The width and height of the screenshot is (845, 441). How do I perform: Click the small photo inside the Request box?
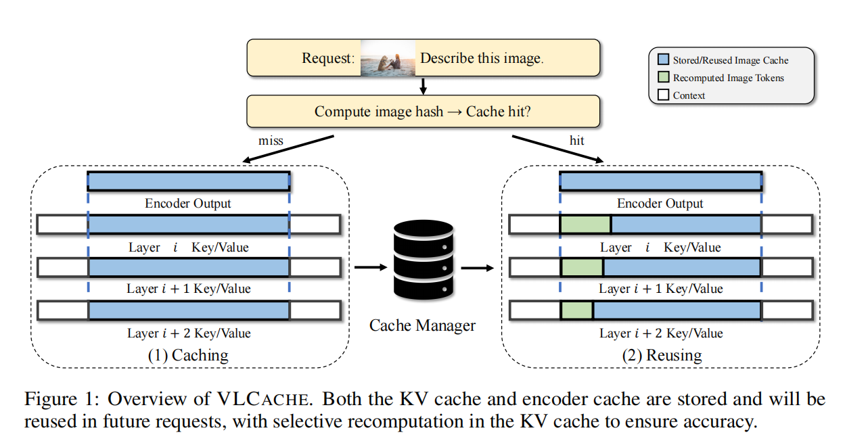point(387,57)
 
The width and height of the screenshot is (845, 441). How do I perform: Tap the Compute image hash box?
point(423,111)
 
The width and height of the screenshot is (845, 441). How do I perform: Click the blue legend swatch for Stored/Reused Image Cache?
point(662,60)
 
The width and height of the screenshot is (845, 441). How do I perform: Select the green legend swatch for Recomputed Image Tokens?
point(662,78)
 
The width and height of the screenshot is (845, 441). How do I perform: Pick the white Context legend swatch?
point(662,95)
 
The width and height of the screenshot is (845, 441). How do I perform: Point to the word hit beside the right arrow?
point(576,141)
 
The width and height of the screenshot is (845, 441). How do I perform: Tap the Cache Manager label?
point(422,325)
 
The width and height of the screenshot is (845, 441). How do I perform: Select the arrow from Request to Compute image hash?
point(423,86)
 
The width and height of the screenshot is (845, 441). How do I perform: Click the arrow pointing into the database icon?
point(369,266)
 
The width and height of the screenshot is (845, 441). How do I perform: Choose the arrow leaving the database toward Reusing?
point(478,266)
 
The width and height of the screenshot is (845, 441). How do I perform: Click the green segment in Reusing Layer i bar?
point(586,225)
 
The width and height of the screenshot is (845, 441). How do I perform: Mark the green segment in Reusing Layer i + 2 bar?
point(577,310)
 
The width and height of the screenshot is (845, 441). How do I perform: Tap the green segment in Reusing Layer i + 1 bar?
point(582,268)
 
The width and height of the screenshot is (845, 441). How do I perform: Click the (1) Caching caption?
point(188,355)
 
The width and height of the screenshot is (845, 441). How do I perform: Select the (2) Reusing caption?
point(660,355)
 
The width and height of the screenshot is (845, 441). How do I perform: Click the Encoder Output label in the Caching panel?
point(188,204)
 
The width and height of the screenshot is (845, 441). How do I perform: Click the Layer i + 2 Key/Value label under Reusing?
point(661,333)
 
